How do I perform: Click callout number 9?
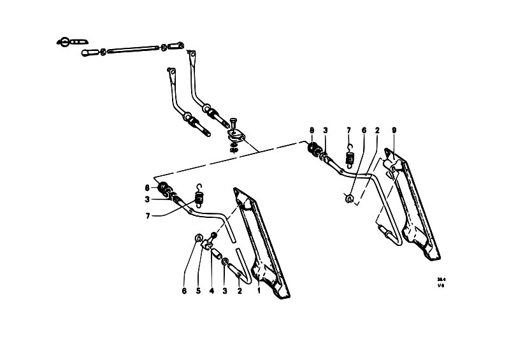click(x=394, y=131)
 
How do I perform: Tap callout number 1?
click(x=259, y=292)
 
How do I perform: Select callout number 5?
click(x=198, y=292)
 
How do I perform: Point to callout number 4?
click(x=211, y=292)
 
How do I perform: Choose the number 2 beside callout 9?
click(x=377, y=131)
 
